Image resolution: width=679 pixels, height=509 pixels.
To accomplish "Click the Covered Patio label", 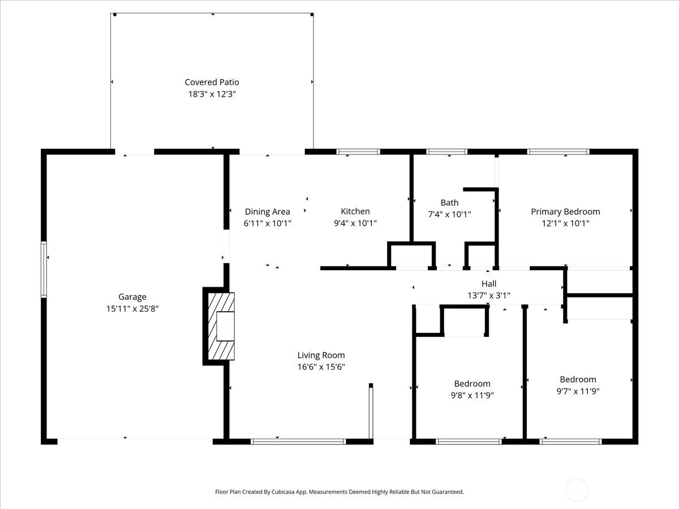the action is coord(212,82).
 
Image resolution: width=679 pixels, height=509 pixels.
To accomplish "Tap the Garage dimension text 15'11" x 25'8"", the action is coord(132,308).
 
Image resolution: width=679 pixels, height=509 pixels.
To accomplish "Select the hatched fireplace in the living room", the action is coord(221,326).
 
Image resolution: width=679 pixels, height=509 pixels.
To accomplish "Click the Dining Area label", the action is coord(267,212).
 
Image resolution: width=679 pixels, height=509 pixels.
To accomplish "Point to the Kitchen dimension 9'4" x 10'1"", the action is coord(355,223).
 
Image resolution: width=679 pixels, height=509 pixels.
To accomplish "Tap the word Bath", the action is coord(449,202).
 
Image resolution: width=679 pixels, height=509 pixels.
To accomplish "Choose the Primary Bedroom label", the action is coord(565,212).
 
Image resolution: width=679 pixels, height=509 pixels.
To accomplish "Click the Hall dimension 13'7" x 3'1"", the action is coord(489,295).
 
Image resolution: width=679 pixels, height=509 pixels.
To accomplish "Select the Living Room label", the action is coord(321,355).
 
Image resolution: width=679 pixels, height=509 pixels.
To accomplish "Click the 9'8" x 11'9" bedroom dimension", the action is coord(472,395).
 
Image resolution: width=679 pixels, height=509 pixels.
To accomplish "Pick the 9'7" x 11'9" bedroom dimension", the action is coord(578,391).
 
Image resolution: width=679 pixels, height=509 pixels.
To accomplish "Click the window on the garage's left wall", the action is coord(44,270).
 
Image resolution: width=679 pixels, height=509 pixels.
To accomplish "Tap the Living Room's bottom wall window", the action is coord(298,441).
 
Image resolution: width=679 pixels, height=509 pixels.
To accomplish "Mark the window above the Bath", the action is coord(446,152).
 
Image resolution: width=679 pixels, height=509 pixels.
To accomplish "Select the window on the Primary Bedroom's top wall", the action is coord(558,152).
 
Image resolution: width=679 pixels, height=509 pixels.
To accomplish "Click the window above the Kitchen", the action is coord(358,152).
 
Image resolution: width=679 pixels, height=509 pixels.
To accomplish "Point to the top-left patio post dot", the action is coord(115,15).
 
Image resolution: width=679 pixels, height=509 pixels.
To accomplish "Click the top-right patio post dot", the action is coord(312,15).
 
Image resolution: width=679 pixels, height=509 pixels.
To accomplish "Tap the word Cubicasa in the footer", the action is coord(283,491).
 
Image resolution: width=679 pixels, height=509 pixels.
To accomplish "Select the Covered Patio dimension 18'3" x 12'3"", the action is coord(212,94).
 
